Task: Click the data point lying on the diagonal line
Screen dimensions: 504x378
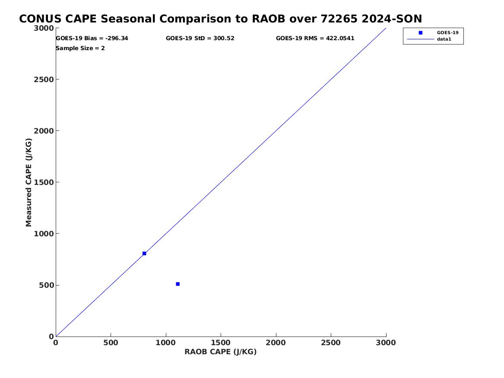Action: [x=144, y=254]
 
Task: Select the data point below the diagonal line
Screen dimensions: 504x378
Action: [x=178, y=284]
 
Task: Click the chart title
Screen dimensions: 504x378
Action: [x=221, y=19]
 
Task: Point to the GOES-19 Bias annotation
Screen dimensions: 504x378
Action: [x=92, y=38]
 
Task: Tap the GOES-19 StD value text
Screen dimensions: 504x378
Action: [x=200, y=38]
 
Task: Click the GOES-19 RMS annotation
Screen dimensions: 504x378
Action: [x=315, y=38]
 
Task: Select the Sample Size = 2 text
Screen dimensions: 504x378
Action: [x=80, y=48]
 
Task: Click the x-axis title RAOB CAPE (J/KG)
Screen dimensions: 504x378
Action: [x=221, y=352]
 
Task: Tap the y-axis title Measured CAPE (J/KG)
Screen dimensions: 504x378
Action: [x=29, y=182]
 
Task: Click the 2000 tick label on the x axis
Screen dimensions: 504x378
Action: [x=276, y=343]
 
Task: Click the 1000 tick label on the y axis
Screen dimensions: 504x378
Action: [x=44, y=234]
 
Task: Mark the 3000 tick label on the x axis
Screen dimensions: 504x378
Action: [x=386, y=343]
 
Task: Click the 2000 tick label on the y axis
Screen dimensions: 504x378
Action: [x=44, y=131]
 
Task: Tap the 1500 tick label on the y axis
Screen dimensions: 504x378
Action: [x=44, y=183]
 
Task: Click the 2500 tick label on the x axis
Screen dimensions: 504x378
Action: [x=331, y=343]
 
